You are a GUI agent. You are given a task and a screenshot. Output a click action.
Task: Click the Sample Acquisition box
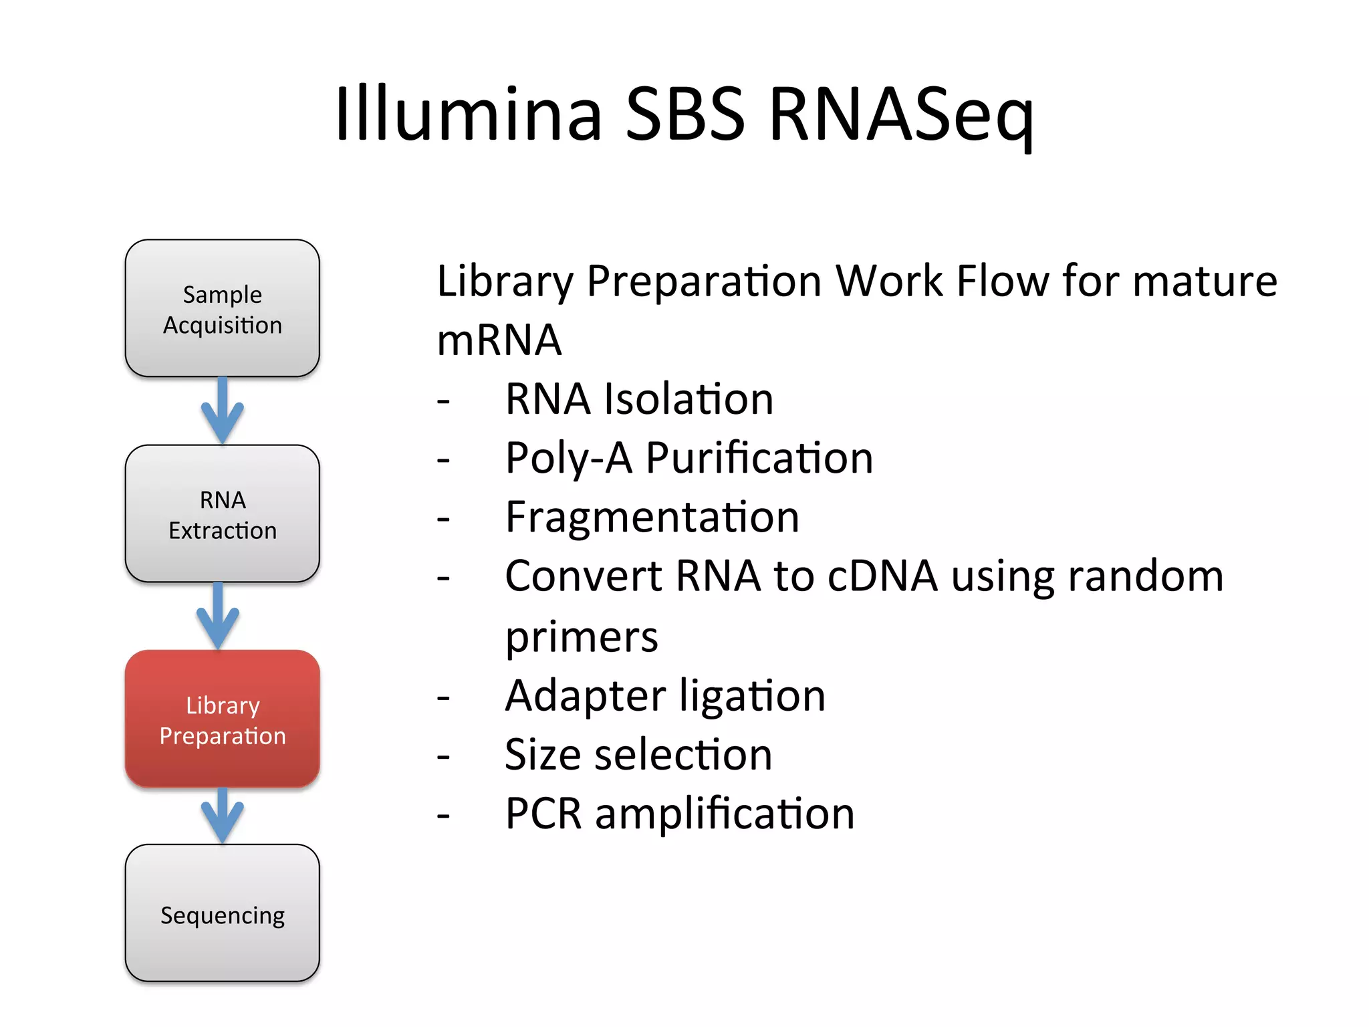pyautogui.click(x=222, y=308)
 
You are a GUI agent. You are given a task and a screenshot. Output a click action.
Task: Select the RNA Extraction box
pyautogui.click(x=222, y=513)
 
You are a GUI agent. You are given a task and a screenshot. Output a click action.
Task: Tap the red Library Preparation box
pyautogui.click(x=222, y=719)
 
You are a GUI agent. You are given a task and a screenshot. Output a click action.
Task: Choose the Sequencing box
pyautogui.click(x=222, y=913)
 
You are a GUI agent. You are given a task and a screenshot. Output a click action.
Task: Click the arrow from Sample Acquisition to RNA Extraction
pyautogui.click(x=222, y=411)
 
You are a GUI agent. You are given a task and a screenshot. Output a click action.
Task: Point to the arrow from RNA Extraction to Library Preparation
pyautogui.click(x=218, y=616)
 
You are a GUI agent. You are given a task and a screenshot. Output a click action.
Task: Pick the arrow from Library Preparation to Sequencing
pyautogui.click(x=222, y=816)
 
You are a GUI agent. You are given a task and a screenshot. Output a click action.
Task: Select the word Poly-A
pyautogui.click(x=569, y=459)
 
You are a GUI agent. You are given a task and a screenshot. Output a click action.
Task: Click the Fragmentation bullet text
pyautogui.click(x=652, y=518)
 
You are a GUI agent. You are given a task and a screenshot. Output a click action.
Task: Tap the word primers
pyautogui.click(x=582, y=637)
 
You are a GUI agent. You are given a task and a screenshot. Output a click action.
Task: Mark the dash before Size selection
pyautogui.click(x=443, y=757)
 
